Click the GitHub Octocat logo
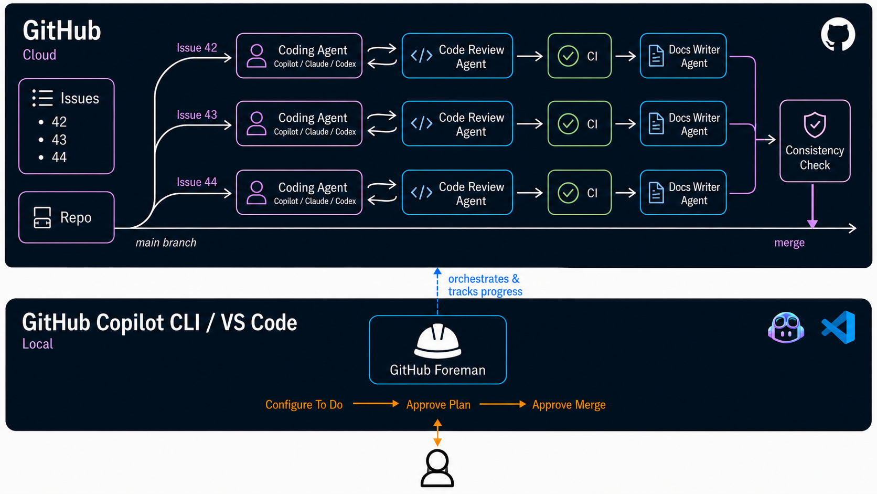tap(838, 34)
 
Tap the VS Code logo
tap(838, 327)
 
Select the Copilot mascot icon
tap(786, 328)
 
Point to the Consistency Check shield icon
tap(815, 125)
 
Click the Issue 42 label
tap(197, 48)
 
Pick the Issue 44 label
tap(197, 182)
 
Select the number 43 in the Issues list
tap(59, 140)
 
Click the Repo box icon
tap(42, 217)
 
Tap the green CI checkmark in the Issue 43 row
tap(568, 124)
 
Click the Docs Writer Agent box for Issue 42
tap(683, 56)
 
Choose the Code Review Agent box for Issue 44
tap(457, 192)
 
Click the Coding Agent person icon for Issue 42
tap(256, 56)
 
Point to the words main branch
tap(166, 243)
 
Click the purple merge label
tap(789, 243)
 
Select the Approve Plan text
tap(438, 405)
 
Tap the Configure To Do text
tap(304, 405)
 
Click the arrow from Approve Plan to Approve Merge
tap(502, 404)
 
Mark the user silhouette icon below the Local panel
tap(437, 468)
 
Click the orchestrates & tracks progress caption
tap(485, 285)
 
